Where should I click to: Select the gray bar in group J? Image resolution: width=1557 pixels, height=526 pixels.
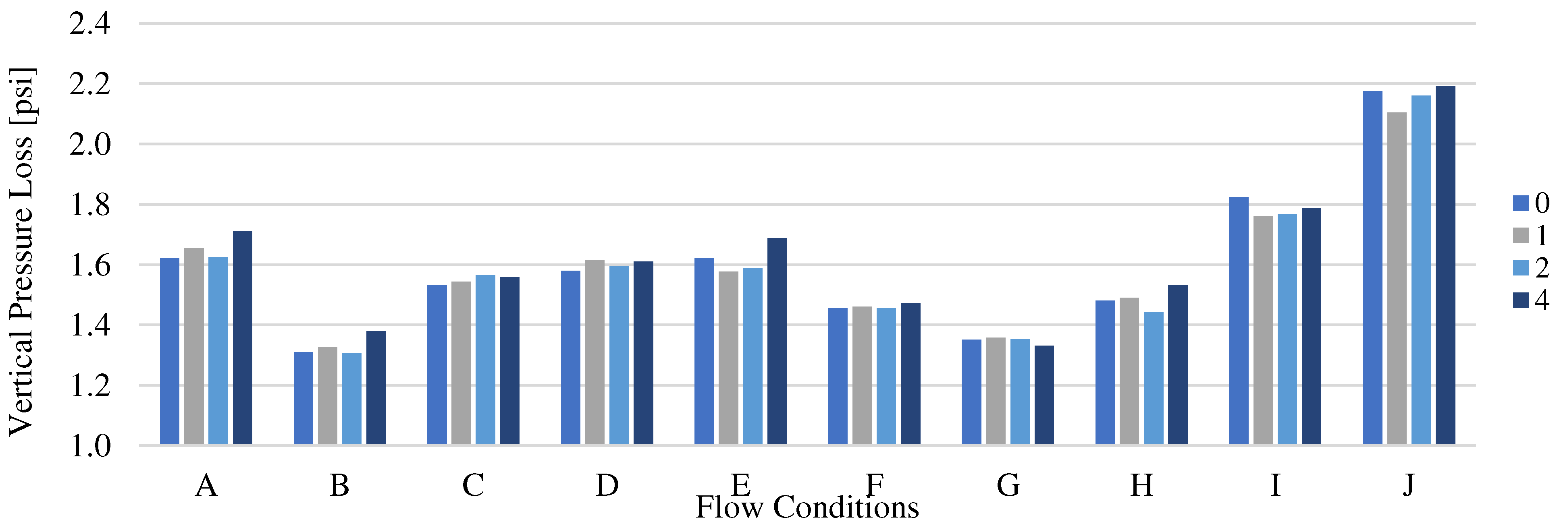pos(1397,278)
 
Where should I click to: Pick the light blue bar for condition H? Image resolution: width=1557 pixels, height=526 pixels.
pos(1153,378)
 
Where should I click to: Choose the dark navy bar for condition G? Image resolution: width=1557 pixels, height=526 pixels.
pos(1044,395)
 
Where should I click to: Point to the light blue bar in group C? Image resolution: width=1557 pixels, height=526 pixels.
pos(485,360)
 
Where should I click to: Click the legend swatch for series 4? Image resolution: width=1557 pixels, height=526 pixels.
pos(1521,300)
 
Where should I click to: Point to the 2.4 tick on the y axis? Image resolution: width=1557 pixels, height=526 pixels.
pos(90,25)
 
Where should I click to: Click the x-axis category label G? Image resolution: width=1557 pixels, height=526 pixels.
pos(1008,485)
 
